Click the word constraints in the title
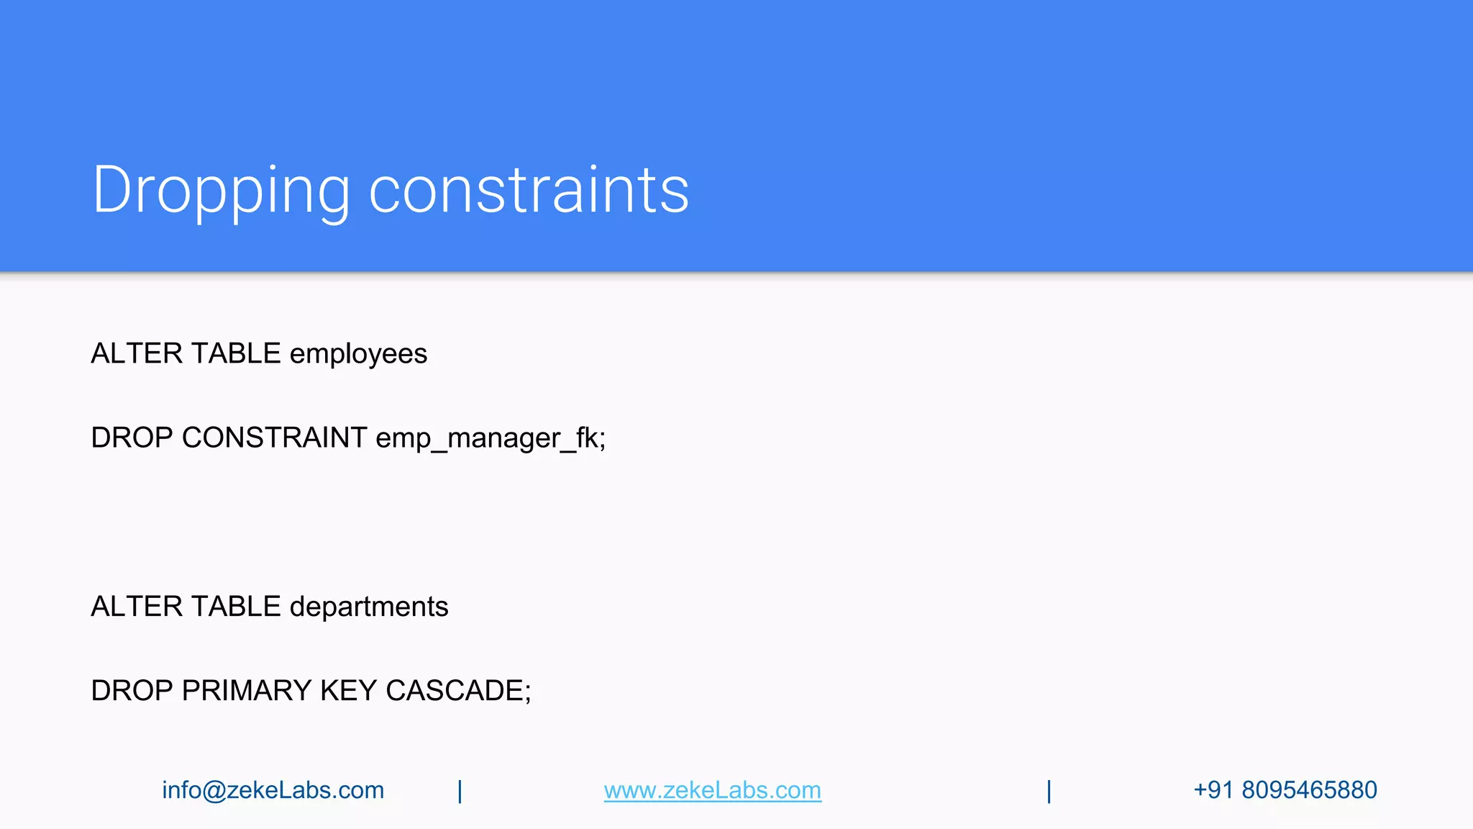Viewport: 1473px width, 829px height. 529,190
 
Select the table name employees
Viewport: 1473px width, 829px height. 358,354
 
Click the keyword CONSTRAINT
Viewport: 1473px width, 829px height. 274,438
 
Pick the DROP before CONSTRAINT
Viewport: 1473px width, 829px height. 132,438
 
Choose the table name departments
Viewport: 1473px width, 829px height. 368,607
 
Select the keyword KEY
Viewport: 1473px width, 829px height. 348,691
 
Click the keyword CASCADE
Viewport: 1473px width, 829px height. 457,691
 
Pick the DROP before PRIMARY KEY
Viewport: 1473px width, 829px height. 132,691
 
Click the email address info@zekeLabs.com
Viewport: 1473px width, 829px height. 273,790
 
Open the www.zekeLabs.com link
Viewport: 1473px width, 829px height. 712,790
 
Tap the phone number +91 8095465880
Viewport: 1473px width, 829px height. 1285,790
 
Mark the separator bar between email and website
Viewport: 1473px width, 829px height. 460,791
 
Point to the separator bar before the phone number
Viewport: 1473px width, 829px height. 1049,791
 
